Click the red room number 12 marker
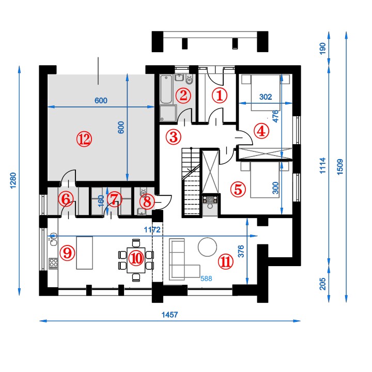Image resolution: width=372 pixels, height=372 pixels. pos(84,139)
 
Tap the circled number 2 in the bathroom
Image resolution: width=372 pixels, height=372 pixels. pos(183,96)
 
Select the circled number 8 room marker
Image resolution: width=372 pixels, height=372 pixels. pos(147,202)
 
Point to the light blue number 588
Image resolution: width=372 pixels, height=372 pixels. pos(206,278)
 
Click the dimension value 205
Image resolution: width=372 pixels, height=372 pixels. pos(322,284)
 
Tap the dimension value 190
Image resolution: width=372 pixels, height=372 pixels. pos(322,49)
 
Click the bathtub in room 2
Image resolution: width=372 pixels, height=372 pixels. pos(166,89)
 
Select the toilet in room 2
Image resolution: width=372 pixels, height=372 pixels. pos(189,80)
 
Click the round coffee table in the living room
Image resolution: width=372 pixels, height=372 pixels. pos(207,247)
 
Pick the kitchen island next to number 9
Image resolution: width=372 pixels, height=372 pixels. pos(84,253)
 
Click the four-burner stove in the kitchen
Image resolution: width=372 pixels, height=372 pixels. pos(53,263)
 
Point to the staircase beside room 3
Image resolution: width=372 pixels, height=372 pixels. pos(191,182)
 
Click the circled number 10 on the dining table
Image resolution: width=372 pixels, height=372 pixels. pos(136,259)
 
